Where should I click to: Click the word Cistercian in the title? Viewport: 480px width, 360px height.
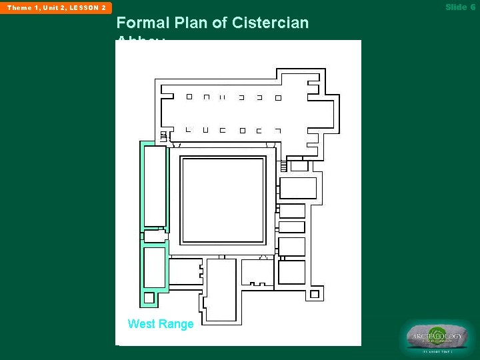pyautogui.click(x=271, y=23)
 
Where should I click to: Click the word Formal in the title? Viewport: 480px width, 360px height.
pyautogui.click(x=141, y=23)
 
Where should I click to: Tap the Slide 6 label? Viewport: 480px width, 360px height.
pyautogui.click(x=460, y=7)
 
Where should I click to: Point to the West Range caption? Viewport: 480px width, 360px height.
pyautogui.click(x=160, y=324)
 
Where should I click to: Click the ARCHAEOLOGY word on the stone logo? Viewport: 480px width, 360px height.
pyautogui.click(x=437, y=337)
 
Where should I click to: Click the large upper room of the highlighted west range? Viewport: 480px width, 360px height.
pyautogui.click(x=155, y=186)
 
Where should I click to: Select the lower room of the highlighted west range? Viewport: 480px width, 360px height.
pyautogui.click(x=154, y=267)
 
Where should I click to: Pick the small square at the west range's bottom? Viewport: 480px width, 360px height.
pyautogui.click(x=149, y=298)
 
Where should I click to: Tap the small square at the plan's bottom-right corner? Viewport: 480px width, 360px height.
pyautogui.click(x=314, y=293)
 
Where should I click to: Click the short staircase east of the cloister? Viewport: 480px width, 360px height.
pyautogui.click(x=283, y=165)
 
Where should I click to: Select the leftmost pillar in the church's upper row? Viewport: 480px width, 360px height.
pyautogui.click(x=189, y=97)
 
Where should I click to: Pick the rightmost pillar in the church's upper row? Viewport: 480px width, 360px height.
pyautogui.click(x=278, y=97)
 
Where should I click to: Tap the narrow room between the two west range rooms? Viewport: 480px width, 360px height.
pyautogui.click(x=154, y=236)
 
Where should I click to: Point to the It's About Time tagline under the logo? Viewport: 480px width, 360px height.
pyautogui.click(x=437, y=351)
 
